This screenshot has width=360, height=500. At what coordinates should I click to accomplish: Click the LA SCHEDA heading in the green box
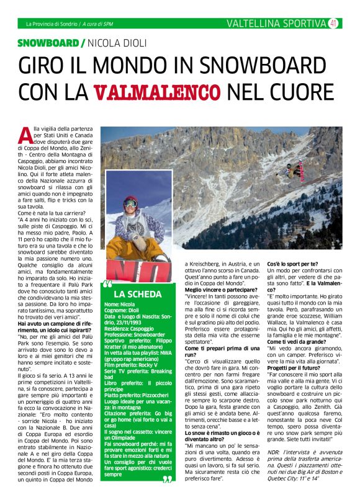tap(138, 293)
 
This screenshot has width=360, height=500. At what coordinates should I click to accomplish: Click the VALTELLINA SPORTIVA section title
tap(276, 24)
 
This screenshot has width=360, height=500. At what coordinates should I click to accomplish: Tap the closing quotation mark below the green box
tap(166, 480)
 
